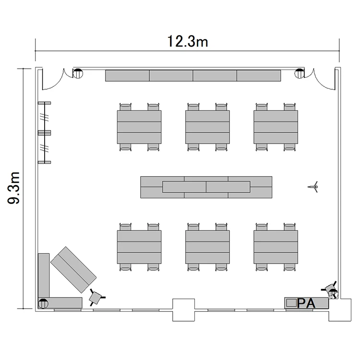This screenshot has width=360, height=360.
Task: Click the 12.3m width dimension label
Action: click(x=187, y=41)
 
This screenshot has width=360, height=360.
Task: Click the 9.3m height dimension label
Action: click(x=14, y=188)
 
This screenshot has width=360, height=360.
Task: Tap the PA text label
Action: click(x=306, y=303)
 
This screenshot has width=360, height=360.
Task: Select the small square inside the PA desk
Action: click(x=291, y=303)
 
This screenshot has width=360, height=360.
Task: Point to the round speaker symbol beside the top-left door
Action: click(x=78, y=73)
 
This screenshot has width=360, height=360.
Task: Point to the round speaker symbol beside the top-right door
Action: click(x=300, y=73)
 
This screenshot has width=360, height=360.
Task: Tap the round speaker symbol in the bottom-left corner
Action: click(x=43, y=303)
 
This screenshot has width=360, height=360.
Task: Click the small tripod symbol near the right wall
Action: click(x=313, y=187)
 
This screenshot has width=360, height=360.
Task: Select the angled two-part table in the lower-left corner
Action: click(x=73, y=270)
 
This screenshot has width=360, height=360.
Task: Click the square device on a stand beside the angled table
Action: click(x=96, y=298)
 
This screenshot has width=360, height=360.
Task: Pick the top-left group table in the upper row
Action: click(x=139, y=127)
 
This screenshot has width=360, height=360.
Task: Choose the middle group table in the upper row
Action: click(x=207, y=127)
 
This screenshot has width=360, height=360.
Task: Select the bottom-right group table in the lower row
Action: click(x=276, y=247)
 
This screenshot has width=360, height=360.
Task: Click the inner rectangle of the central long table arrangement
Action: click(x=206, y=187)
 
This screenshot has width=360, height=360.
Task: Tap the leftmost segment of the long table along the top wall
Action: click(x=127, y=75)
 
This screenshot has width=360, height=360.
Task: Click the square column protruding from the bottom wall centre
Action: click(x=184, y=310)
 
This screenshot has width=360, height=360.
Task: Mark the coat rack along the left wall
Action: click(x=44, y=132)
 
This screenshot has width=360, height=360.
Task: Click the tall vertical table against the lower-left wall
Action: click(x=44, y=276)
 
